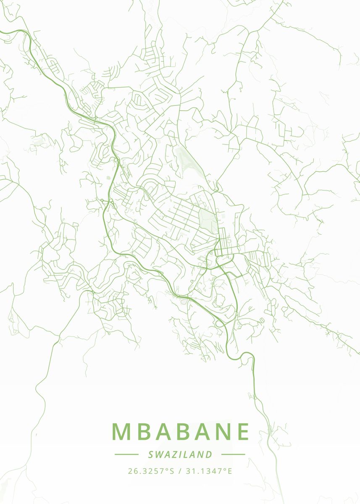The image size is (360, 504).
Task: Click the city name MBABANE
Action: pos(181,431)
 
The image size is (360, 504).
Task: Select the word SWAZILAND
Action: pos(180,454)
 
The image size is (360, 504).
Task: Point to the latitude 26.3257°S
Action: pos(151,471)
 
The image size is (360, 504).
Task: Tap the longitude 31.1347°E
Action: pos(207,471)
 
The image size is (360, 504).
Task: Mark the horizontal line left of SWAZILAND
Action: pos(126,454)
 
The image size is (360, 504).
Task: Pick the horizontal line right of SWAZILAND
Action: pos(233,454)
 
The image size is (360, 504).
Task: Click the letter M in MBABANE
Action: pos(121,431)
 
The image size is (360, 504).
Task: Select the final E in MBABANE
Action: pos(243,431)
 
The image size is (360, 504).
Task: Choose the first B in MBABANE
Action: pos(144,431)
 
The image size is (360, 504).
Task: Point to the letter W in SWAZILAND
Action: pos(160,454)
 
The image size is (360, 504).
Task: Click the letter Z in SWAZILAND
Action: pos(176,454)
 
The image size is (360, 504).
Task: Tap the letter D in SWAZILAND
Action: pos(209,454)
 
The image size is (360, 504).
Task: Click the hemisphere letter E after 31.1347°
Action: pos(229,471)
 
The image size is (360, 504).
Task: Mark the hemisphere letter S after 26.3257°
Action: pos(171,471)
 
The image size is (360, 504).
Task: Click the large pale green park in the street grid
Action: pos(208,220)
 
